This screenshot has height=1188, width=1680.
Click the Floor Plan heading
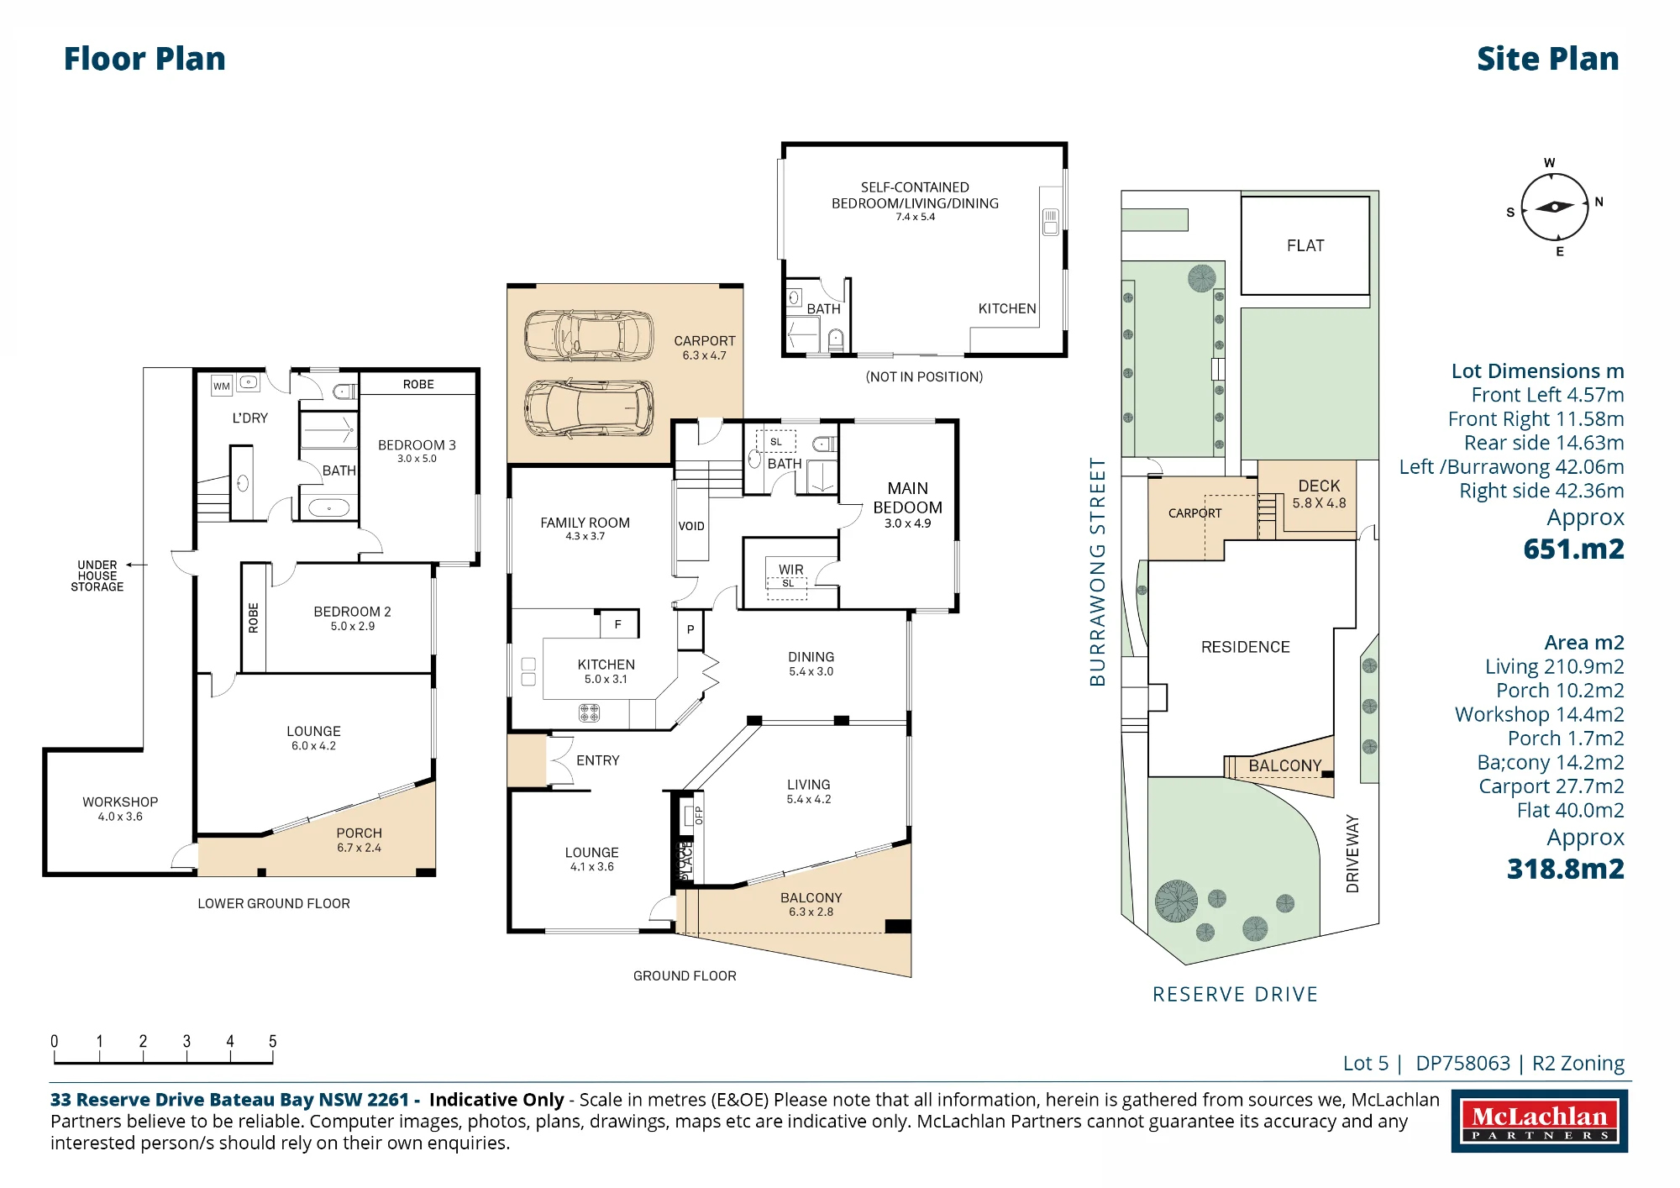144,59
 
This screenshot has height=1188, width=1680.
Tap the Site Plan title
1547,59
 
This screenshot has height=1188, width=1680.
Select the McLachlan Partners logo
1539,1121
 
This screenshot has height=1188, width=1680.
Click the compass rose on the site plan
1555,207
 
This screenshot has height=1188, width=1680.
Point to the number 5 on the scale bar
272,1041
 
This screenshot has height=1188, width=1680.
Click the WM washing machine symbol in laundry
221,386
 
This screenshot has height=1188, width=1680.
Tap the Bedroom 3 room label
417,445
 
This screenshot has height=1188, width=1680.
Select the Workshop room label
120,802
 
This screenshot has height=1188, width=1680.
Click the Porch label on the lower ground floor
359,833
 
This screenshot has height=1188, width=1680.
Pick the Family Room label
585,523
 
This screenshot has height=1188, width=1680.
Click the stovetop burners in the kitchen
589,713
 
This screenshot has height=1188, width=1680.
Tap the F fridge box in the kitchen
619,624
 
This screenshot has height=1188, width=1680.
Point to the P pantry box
690,629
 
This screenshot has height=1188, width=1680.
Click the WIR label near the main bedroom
790,570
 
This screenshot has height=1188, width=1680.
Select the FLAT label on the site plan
1305,245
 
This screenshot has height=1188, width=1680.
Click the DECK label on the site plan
1319,486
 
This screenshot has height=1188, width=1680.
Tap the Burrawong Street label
1097,572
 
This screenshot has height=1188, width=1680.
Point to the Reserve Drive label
1235,995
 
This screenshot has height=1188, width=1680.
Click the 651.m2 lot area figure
1573,549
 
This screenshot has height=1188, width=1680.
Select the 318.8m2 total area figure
1565,869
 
